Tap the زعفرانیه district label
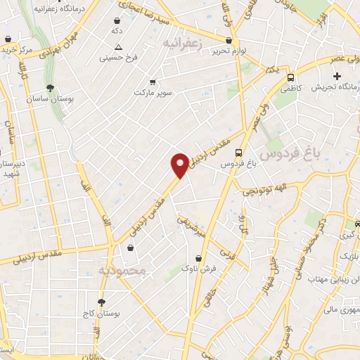186,43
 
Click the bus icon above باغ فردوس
239,152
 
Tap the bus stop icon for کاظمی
291,79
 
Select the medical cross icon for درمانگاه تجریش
337,76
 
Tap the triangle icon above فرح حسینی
118,47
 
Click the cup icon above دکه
115,21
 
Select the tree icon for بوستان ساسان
50,89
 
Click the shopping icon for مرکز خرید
7,39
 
